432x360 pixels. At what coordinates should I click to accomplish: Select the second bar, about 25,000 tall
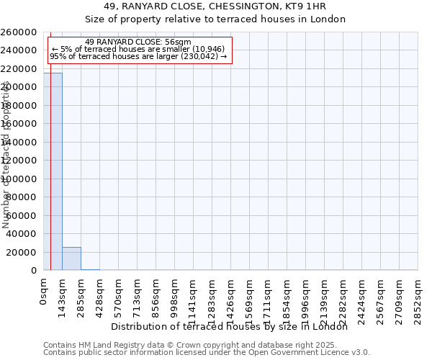point(71,258)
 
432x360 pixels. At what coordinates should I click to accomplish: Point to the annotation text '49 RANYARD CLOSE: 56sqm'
point(138,42)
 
